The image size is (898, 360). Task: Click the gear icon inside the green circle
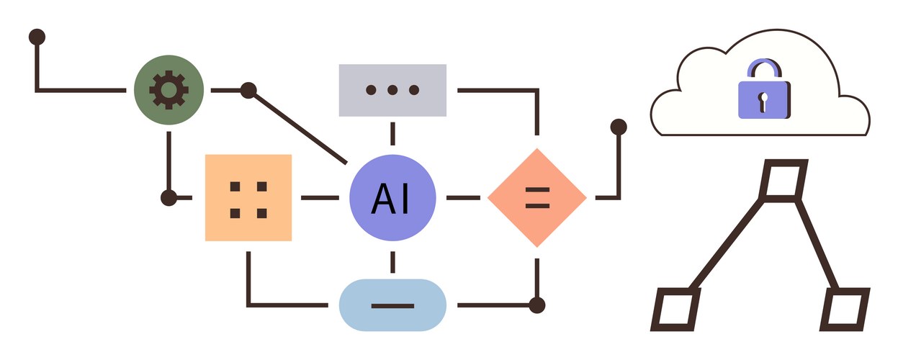tap(169, 90)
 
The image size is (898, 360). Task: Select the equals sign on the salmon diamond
tap(537, 197)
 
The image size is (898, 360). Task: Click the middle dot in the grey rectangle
tap(392, 90)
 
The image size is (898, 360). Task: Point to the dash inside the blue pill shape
tap(392, 306)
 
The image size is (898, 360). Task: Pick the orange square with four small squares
tap(248, 197)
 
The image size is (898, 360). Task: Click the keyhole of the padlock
tap(764, 98)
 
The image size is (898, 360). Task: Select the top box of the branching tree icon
tap(784, 179)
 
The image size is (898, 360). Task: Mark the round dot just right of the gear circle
tap(248, 90)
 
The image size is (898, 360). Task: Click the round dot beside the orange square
tap(169, 197)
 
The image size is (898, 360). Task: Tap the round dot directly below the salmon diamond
tap(537, 305)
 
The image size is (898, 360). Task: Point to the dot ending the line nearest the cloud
tap(619, 127)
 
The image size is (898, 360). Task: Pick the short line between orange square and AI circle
tap(320, 197)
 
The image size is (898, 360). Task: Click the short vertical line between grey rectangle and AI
tap(392, 134)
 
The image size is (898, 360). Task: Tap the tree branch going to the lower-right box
tap(818, 245)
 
